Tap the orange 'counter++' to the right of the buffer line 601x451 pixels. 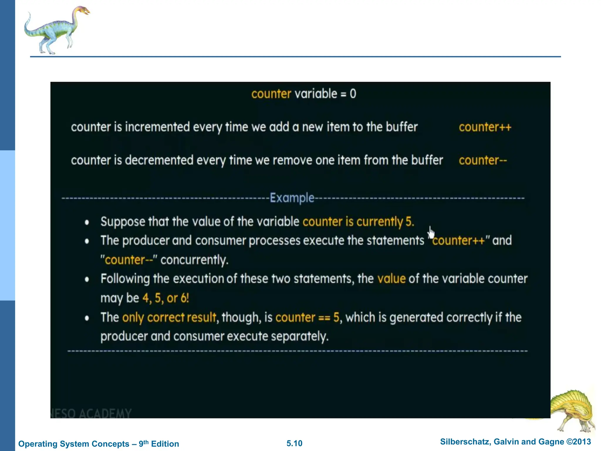click(x=485, y=127)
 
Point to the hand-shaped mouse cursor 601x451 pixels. click(x=431, y=233)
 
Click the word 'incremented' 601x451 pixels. click(x=157, y=127)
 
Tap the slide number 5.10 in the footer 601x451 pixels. click(x=294, y=443)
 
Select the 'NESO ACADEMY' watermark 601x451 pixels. click(x=92, y=413)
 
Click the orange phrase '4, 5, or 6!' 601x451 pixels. click(x=166, y=298)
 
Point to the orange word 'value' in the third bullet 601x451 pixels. click(x=391, y=279)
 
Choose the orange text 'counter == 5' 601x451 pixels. click(x=307, y=317)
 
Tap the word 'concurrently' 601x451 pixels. click(x=194, y=260)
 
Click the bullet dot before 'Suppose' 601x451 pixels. click(x=87, y=222)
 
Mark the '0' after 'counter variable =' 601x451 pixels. click(x=353, y=94)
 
